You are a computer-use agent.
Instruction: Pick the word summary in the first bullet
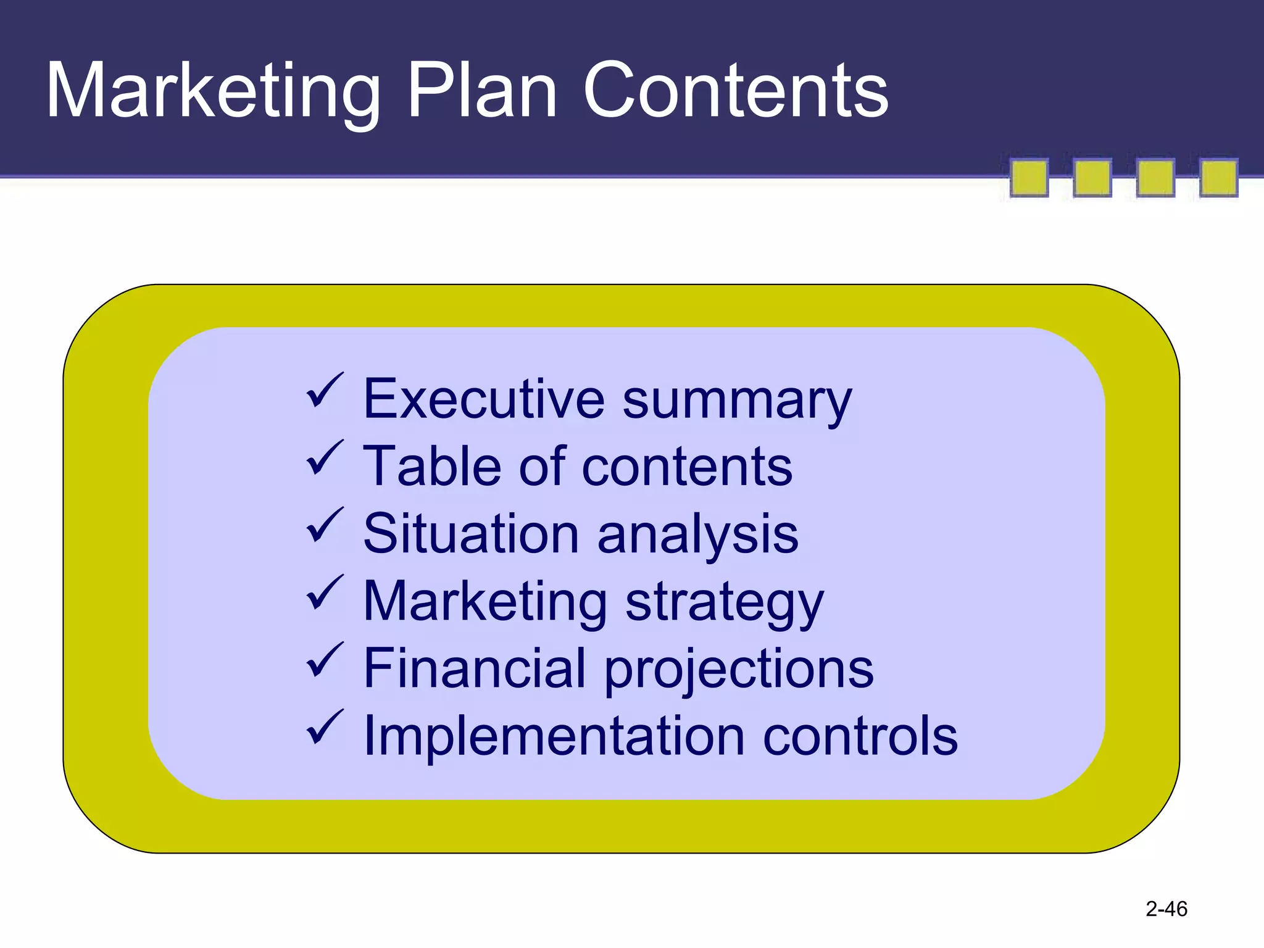(x=737, y=401)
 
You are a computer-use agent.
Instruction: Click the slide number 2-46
(x=1166, y=909)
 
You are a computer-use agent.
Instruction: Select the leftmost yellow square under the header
(x=1029, y=178)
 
